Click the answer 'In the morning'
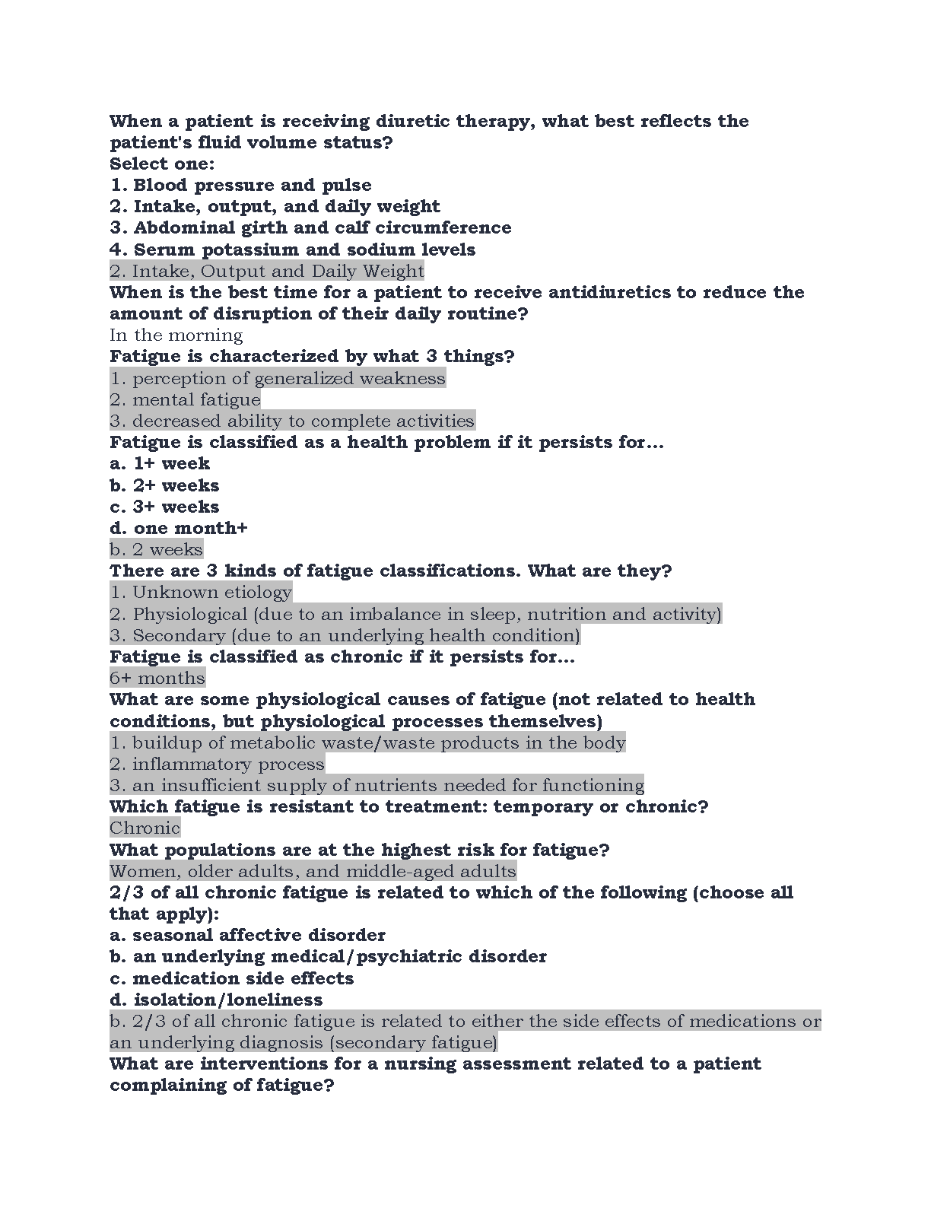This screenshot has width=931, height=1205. tap(176, 335)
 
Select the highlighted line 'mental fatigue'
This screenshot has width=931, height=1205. tap(196, 399)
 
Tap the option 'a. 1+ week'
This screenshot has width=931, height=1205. tap(160, 463)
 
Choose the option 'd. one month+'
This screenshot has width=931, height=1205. tap(179, 528)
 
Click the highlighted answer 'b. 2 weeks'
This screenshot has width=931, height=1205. tap(156, 549)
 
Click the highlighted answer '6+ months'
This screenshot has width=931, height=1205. tap(157, 678)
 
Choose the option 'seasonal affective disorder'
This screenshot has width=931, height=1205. tap(259, 935)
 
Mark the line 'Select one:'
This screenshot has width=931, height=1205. tap(162, 164)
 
